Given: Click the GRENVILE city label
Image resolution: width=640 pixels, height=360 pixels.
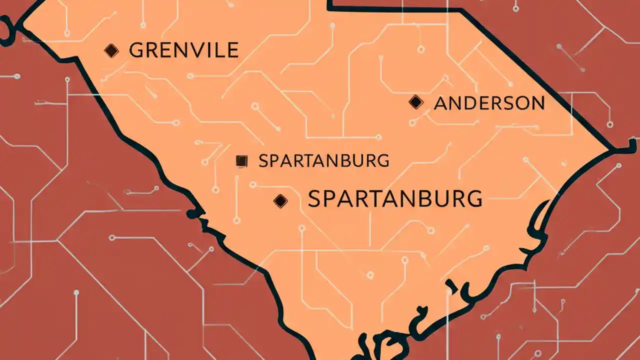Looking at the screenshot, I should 183,50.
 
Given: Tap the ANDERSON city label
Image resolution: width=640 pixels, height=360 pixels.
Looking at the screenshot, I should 489,103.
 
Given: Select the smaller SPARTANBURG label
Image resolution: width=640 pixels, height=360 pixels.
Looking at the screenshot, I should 323,161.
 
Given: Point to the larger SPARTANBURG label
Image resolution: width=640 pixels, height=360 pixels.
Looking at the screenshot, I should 395,199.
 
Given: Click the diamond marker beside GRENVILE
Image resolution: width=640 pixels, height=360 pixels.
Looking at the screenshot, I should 111,50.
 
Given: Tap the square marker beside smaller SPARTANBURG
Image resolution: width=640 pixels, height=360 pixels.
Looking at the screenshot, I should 241,161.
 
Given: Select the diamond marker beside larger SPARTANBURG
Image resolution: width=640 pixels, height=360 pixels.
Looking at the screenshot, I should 280,201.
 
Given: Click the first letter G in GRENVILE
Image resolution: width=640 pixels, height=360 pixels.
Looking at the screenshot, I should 136,50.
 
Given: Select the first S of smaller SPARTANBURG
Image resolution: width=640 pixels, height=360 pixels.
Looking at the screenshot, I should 263,161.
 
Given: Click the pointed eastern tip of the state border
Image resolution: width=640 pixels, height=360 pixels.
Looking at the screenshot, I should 611,149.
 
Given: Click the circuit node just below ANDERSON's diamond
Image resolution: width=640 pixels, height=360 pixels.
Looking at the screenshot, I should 413,121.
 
